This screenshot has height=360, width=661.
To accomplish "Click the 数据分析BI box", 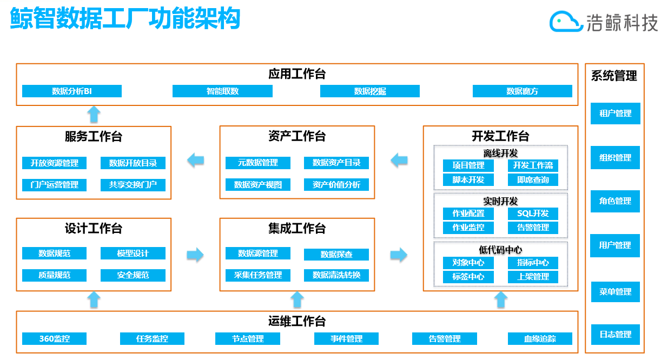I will tap(71, 91).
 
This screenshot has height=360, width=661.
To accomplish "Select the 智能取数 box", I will tap(222, 91).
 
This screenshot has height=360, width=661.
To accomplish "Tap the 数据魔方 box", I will tap(522, 91).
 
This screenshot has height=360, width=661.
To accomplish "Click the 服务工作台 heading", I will tap(94, 136).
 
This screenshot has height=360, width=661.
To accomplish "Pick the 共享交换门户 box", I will tap(133, 185).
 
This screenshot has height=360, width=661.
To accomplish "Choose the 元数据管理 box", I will tap(258, 163).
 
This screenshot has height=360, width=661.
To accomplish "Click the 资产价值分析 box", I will tap(336, 185).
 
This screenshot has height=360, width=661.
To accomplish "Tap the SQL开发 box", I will tap(533, 214).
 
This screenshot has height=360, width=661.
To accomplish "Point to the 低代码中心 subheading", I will tap(500, 249).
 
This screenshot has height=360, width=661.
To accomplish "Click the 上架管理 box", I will tap(533, 277).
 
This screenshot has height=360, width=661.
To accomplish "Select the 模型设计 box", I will tap(133, 254).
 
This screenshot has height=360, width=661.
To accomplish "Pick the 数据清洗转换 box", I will tap(336, 275).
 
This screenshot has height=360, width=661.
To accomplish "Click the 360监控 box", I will tap(55, 339).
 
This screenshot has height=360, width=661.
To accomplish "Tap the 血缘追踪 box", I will tap(539, 339).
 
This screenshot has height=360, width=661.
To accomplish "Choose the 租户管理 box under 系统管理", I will tap(615, 114).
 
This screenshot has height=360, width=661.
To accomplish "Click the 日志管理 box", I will tap(615, 335).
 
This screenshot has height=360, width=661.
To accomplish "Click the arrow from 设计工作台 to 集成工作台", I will tap(195, 255).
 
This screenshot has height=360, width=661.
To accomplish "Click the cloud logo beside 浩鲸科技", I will tap(566, 22).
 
